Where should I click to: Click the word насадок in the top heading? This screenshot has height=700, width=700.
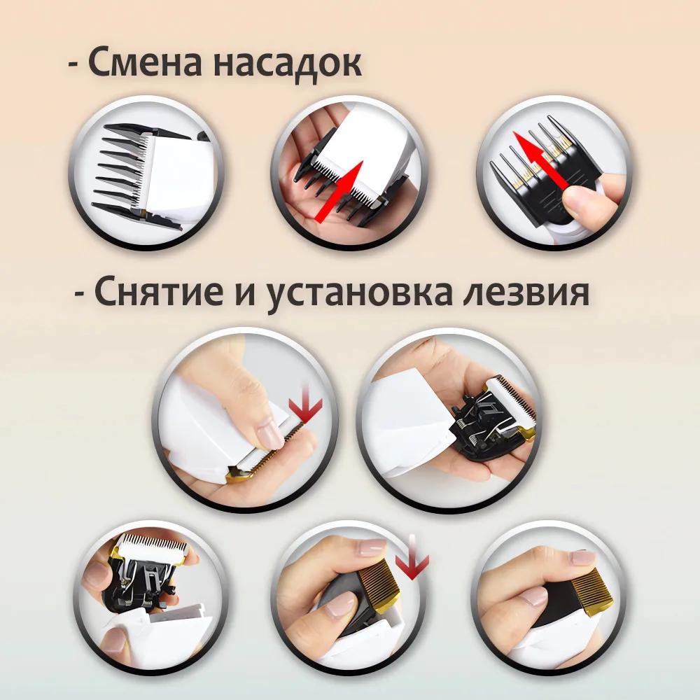287,64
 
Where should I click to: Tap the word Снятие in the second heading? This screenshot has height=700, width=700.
154,293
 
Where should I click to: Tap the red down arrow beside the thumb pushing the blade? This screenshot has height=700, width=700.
305,406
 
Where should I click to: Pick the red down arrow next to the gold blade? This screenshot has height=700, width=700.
412,560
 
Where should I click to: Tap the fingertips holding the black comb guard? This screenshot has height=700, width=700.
595,199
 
